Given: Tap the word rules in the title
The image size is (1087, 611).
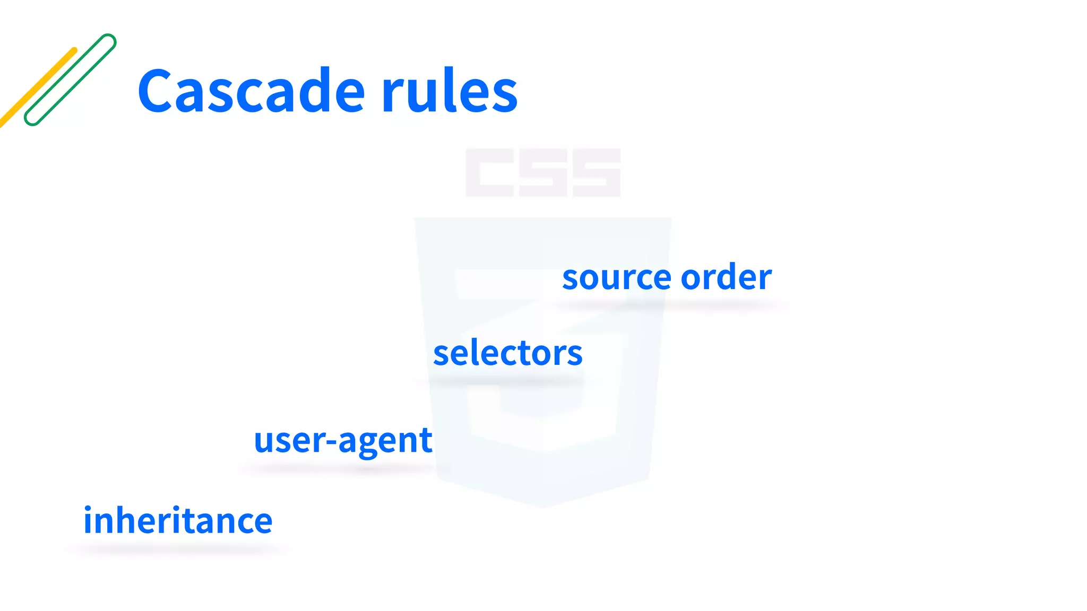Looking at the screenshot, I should (449, 91).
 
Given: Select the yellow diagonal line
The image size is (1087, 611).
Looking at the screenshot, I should (37, 88).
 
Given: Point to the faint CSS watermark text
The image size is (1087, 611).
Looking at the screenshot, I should (543, 173).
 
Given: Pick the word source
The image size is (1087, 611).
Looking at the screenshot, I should (617, 278).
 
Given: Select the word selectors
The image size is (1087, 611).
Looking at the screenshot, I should (507, 353).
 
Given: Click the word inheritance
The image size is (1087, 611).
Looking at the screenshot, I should (178, 520).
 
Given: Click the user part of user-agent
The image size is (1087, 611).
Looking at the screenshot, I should (289, 440).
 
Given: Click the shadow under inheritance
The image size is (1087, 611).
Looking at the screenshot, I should (178, 549).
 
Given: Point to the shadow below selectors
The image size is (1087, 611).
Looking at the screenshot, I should (507, 381).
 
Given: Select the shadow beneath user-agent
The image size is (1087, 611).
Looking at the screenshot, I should (342, 468).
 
